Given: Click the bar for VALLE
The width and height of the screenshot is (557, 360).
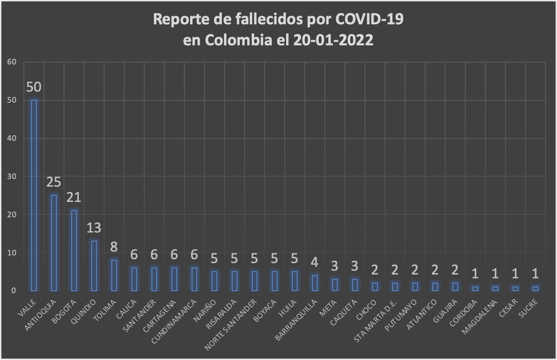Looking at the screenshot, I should (x=34, y=195).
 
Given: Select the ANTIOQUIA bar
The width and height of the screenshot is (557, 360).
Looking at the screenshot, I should (x=54, y=243).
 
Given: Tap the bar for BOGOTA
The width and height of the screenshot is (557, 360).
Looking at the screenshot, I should (x=74, y=250).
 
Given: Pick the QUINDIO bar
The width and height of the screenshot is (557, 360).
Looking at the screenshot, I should (x=94, y=265).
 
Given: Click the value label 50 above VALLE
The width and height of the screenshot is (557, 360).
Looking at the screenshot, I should (x=34, y=87).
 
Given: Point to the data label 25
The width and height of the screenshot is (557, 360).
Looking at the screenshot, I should (x=54, y=182).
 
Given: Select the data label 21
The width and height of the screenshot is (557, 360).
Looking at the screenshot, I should (x=74, y=198).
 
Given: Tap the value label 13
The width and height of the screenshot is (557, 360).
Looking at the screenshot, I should (x=94, y=228).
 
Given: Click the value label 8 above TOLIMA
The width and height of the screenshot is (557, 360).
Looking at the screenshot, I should (x=114, y=247).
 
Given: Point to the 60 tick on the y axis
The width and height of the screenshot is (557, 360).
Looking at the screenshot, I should (x=12, y=62).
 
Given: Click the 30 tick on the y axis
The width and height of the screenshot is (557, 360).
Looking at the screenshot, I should (x=12, y=176).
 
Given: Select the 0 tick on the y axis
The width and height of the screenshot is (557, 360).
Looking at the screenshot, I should (x=14, y=290).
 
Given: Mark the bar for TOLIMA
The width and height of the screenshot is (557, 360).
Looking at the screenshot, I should (x=114, y=275).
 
